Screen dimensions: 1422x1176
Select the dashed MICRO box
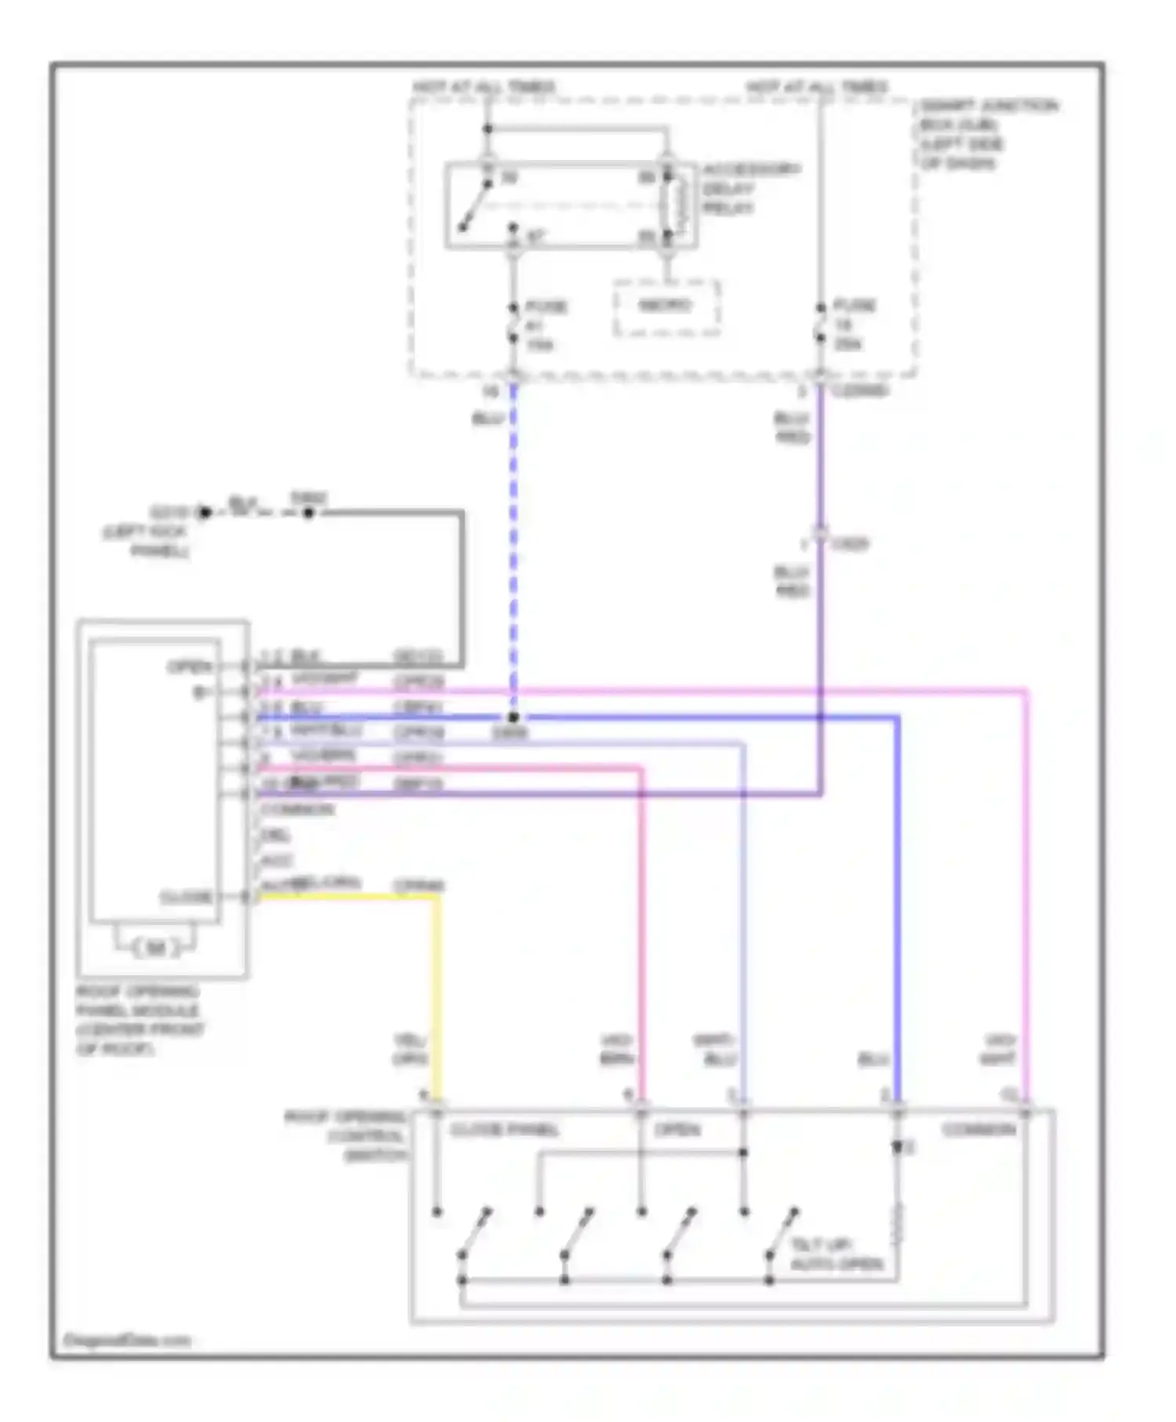(666, 307)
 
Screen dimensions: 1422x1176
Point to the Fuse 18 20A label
(853, 324)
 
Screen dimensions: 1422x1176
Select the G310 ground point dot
(205, 513)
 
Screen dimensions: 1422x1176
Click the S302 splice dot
(309, 513)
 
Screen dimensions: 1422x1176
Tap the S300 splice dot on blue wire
(513, 717)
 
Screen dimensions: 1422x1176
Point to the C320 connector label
(851, 543)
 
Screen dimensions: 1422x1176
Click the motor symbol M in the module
(156, 948)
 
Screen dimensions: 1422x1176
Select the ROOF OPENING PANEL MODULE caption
(140, 1020)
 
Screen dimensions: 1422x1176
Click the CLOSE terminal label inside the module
(186, 896)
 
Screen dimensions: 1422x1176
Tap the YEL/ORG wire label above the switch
(409, 1050)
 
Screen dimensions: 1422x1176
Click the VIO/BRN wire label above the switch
(616, 1050)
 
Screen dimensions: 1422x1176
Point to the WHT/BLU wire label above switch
(714, 1050)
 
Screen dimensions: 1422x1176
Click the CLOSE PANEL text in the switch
(504, 1130)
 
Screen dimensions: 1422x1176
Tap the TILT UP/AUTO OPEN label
(837, 1254)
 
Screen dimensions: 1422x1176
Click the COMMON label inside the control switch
(978, 1130)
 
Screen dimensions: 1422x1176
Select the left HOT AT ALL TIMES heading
(484, 86)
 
